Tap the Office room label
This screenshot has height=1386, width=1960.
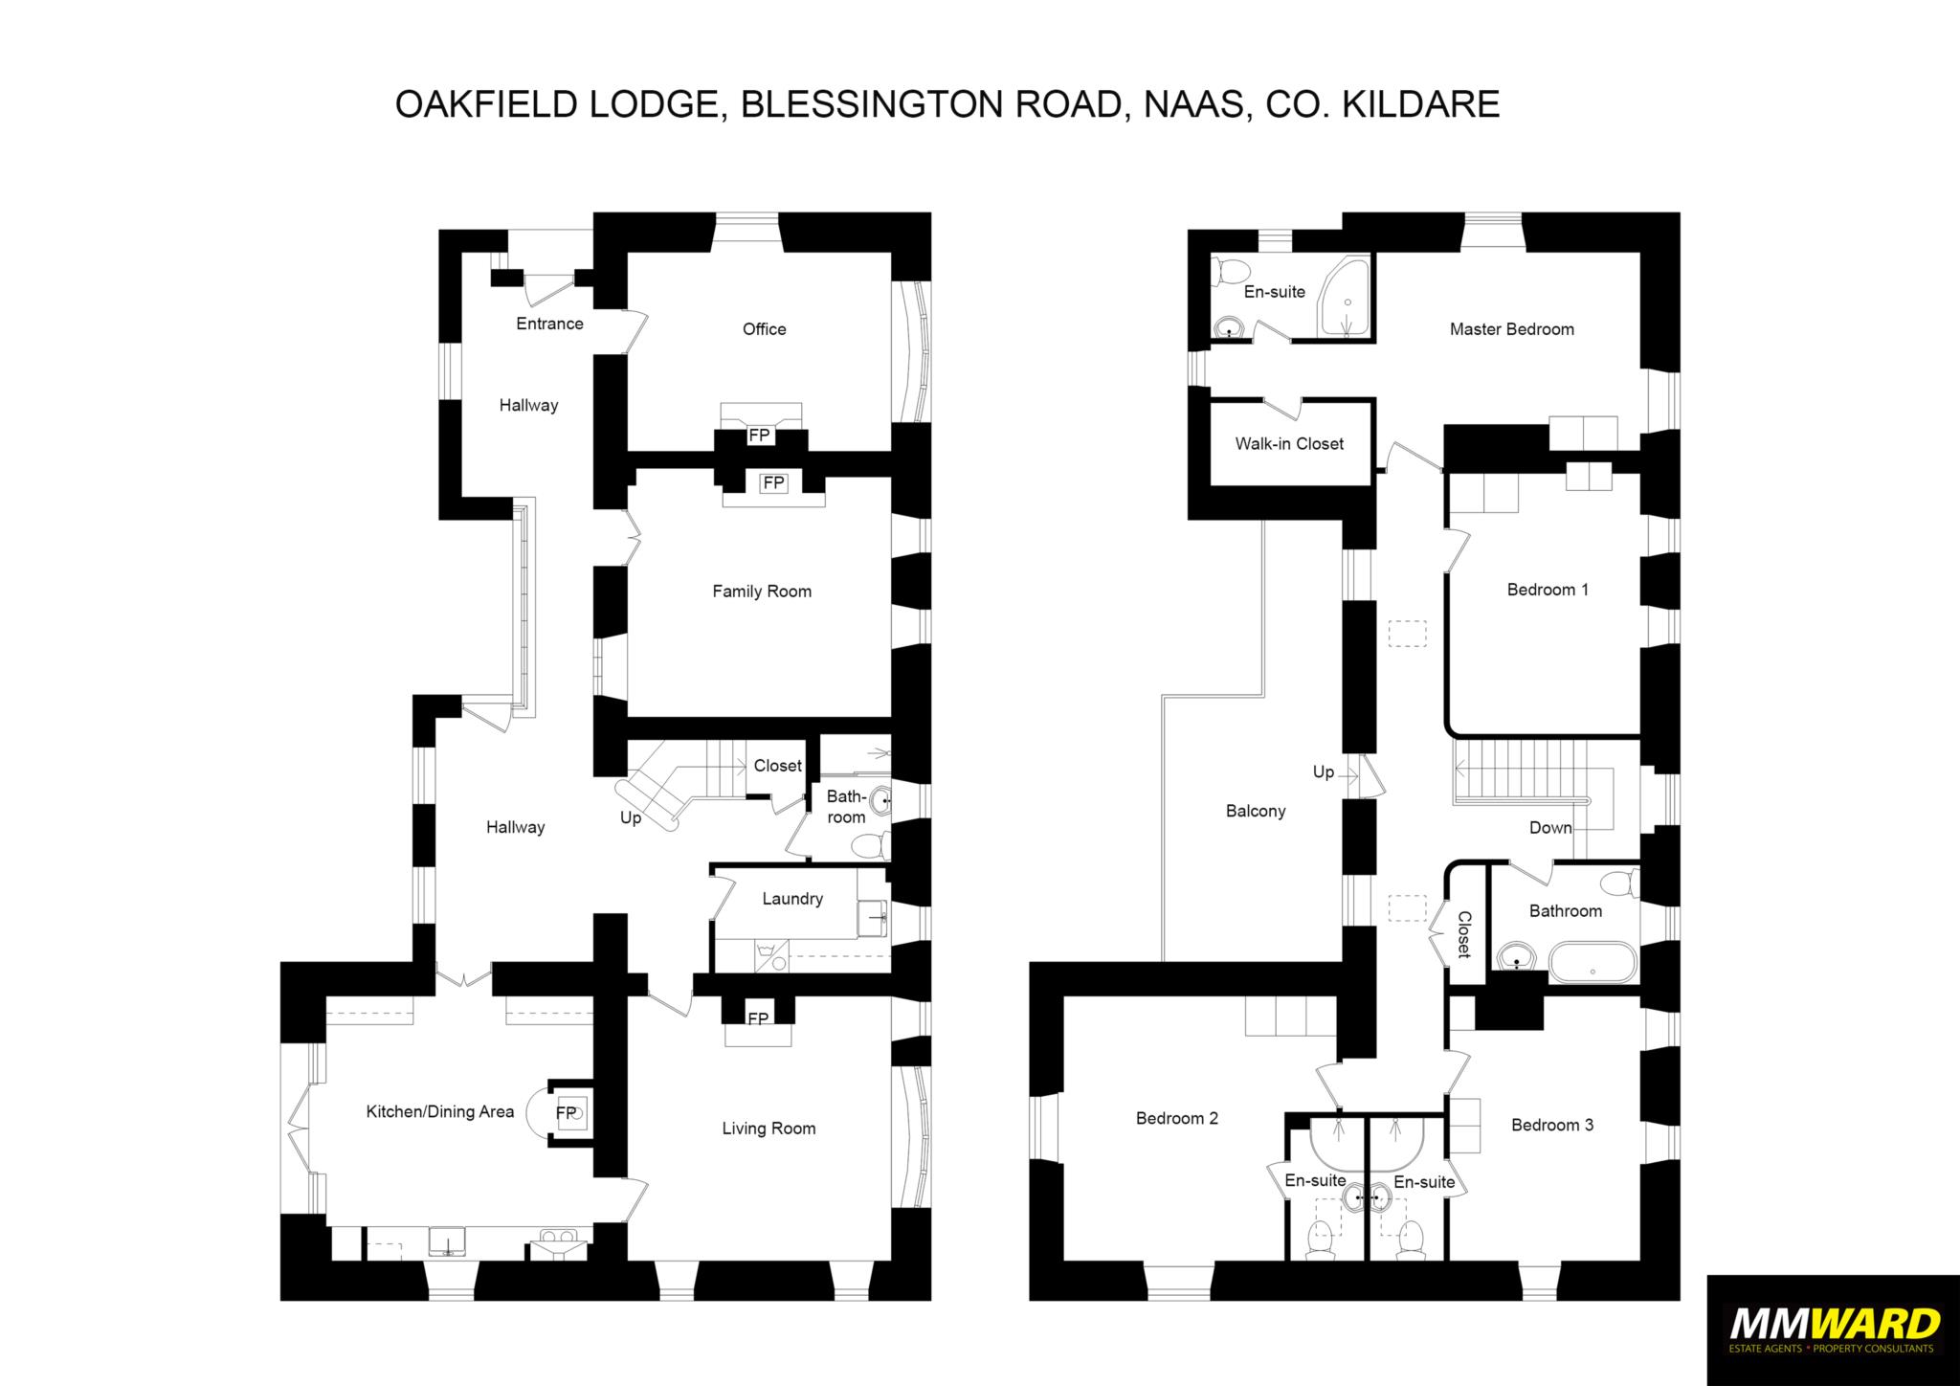(764, 329)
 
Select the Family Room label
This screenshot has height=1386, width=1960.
(762, 592)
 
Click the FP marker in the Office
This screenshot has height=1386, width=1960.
(759, 436)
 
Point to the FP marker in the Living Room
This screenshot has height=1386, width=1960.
(758, 1018)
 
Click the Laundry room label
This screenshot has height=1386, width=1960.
(792, 899)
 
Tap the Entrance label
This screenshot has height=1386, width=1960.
(549, 324)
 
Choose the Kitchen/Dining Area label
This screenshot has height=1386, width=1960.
(440, 1112)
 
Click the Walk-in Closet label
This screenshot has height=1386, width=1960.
(1289, 444)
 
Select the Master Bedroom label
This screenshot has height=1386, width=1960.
(1511, 329)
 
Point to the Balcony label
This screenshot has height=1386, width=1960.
(1256, 812)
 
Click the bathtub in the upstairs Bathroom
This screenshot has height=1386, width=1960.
(1592, 963)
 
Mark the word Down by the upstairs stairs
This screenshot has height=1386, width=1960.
(1550, 828)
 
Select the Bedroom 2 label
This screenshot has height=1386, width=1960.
(1177, 1118)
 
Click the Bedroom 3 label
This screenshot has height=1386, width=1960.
(1552, 1125)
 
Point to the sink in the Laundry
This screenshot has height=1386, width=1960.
(873, 917)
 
